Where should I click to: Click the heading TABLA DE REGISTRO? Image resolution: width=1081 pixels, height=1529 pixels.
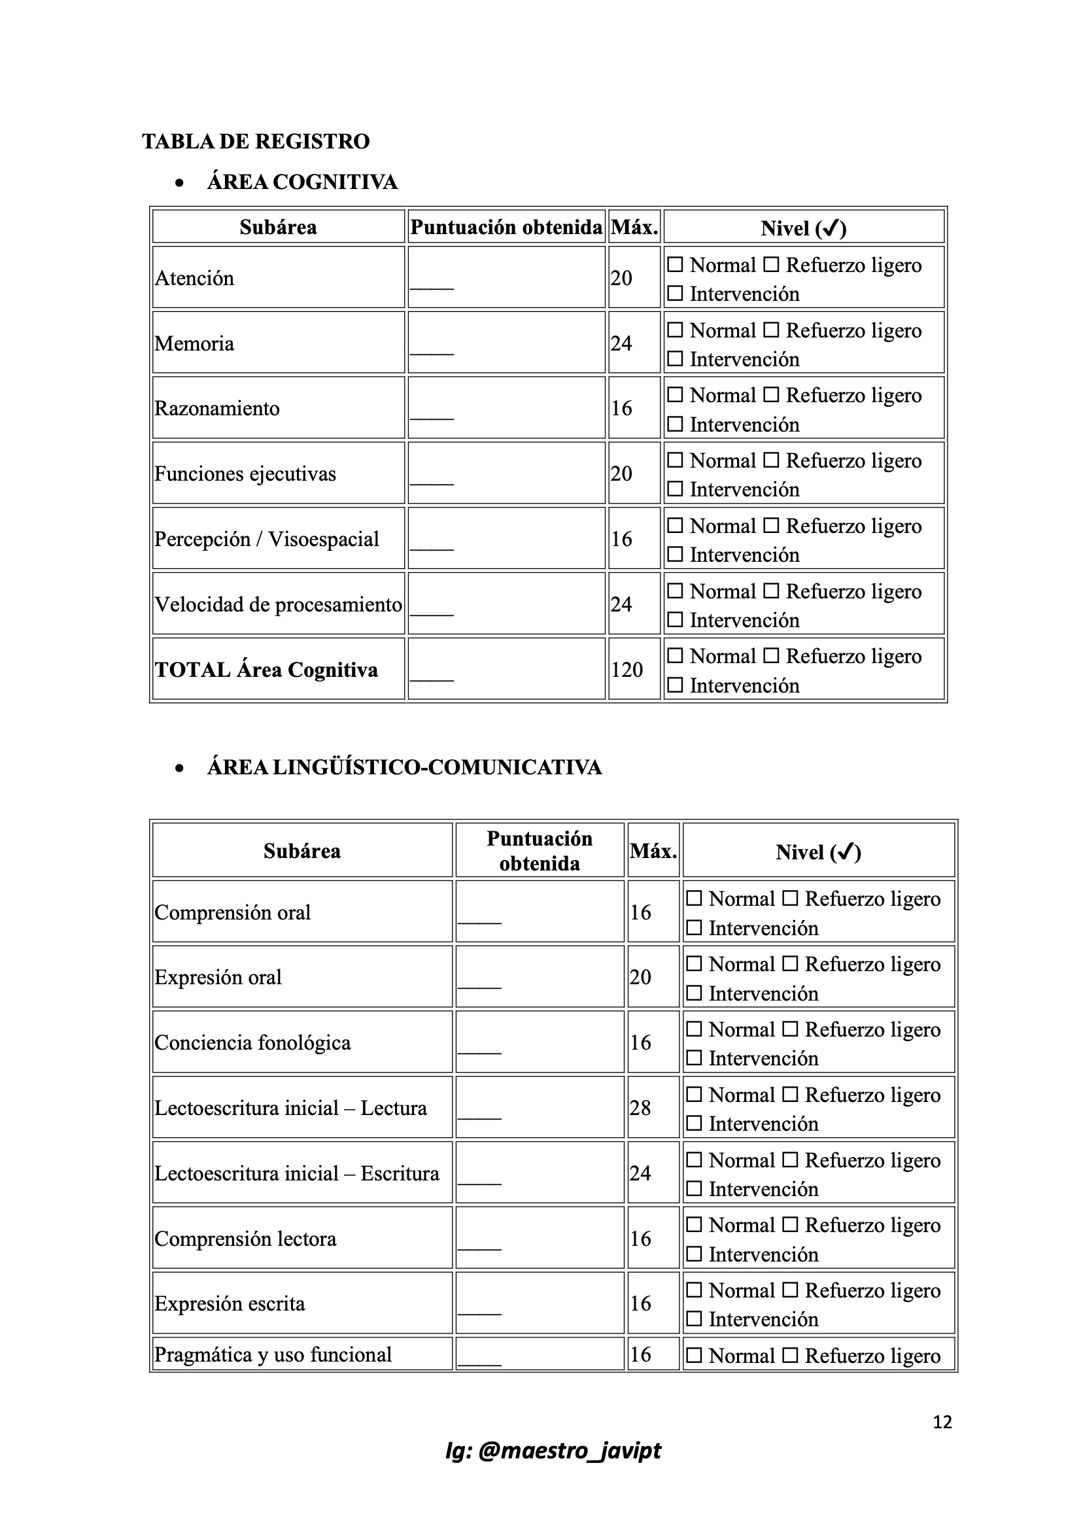256,142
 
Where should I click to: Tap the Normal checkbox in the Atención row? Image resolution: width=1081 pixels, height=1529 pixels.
675,265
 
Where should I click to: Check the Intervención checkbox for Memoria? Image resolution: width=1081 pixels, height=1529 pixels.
675,359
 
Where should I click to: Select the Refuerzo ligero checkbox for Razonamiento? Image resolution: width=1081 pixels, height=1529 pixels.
770,395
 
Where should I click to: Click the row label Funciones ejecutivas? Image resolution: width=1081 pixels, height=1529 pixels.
245,474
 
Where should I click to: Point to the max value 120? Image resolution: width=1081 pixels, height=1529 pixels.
626,670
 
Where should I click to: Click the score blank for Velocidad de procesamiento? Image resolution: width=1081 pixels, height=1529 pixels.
432,610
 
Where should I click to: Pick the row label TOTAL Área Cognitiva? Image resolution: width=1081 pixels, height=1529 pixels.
266,670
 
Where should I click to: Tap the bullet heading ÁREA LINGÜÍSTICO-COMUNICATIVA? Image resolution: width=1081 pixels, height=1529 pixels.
404,768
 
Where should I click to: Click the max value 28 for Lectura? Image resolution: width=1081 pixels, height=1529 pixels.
640,1108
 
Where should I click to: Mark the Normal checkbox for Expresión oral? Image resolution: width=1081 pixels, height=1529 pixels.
694,963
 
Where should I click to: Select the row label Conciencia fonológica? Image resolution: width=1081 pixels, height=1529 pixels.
252,1043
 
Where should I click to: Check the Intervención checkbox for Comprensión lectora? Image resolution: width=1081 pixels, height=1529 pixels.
694,1254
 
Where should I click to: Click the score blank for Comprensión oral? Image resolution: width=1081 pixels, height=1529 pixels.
479,918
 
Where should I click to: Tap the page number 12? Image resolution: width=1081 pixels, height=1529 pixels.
942,1422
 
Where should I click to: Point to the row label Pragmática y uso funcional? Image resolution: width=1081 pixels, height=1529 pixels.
273,1354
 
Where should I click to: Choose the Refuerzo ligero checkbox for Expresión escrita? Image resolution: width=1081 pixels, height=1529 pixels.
790,1290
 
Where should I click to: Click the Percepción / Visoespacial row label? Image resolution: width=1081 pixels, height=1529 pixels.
266,540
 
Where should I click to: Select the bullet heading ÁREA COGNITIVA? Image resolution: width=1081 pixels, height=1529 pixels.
301,182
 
